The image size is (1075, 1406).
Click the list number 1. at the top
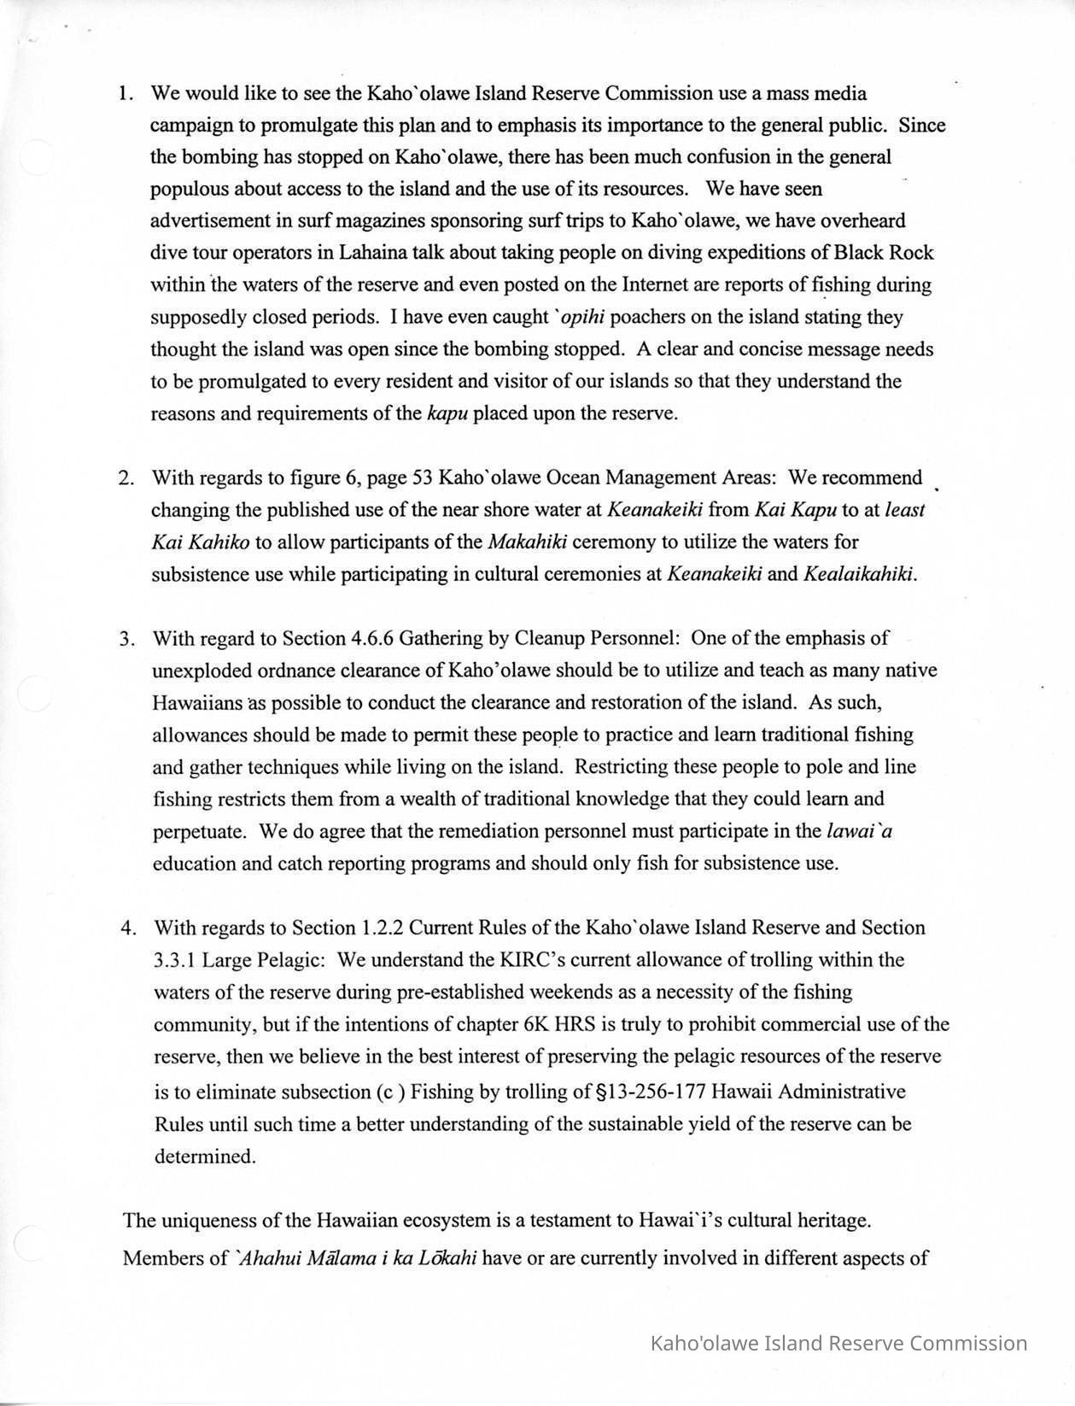point(126,93)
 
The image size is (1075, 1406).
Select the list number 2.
point(126,477)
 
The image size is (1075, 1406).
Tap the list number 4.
point(128,928)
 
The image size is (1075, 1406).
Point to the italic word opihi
point(580,317)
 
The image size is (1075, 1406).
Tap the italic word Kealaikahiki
point(860,574)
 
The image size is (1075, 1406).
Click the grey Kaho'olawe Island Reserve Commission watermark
point(838,1343)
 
